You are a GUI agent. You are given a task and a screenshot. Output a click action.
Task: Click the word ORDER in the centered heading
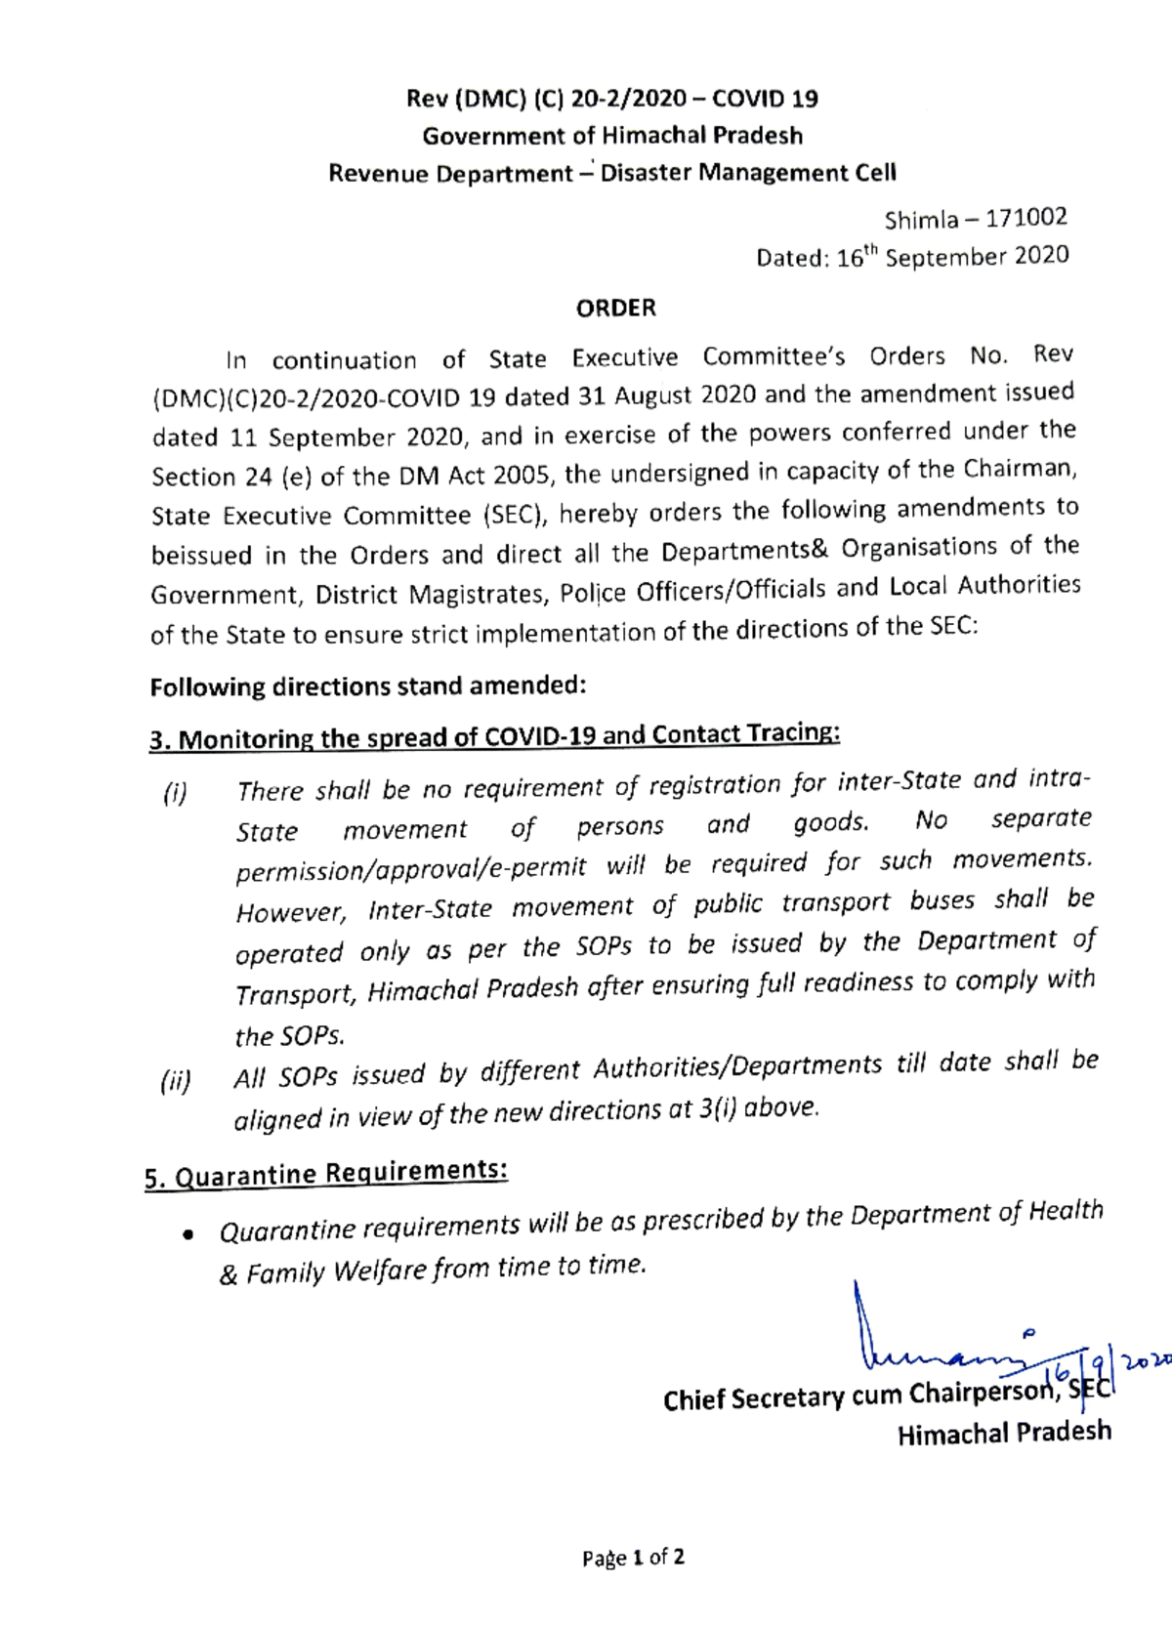(615, 308)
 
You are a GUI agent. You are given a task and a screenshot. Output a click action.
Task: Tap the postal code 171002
(1025, 217)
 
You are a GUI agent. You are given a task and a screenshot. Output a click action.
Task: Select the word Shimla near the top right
(921, 220)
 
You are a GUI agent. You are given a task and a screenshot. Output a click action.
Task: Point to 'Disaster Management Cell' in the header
(747, 173)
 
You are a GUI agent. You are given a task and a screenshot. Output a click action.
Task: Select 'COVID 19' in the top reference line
(765, 98)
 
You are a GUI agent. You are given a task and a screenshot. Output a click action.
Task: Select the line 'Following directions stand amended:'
(367, 687)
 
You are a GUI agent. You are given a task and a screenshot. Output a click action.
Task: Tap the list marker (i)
(175, 793)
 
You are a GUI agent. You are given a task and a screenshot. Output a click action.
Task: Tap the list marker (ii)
(176, 1082)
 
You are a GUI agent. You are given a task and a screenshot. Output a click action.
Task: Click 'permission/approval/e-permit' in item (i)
(410, 868)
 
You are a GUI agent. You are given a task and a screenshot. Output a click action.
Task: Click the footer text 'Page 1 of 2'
(633, 1557)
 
